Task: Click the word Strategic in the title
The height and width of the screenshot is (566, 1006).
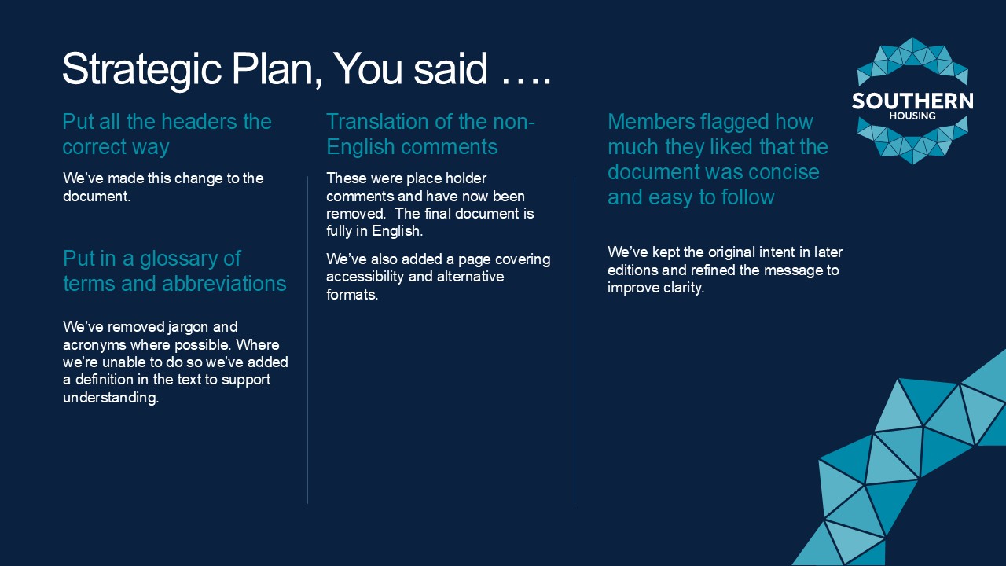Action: pyautogui.click(x=141, y=70)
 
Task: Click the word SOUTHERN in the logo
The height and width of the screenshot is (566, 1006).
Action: pyautogui.click(x=912, y=101)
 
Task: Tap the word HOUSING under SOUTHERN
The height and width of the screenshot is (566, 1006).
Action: pyautogui.click(x=912, y=116)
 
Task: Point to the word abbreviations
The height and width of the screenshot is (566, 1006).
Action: pyautogui.click(x=224, y=284)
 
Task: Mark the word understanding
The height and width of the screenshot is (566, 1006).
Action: pyautogui.click(x=111, y=398)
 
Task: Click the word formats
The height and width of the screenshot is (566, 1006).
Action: pyautogui.click(x=351, y=295)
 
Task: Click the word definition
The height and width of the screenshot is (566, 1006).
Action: pyautogui.click(x=104, y=380)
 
